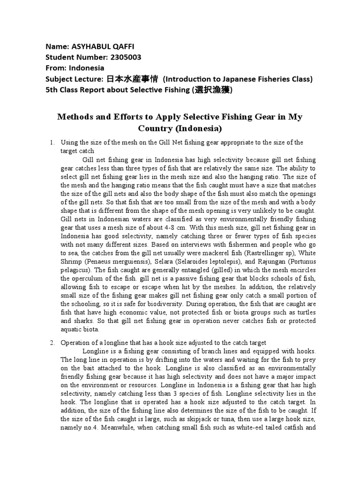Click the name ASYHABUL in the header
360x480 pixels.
[89, 47]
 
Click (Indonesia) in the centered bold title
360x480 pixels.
[197, 128]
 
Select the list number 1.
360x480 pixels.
[52, 142]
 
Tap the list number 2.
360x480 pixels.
[52, 343]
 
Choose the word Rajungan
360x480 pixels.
[266, 268]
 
